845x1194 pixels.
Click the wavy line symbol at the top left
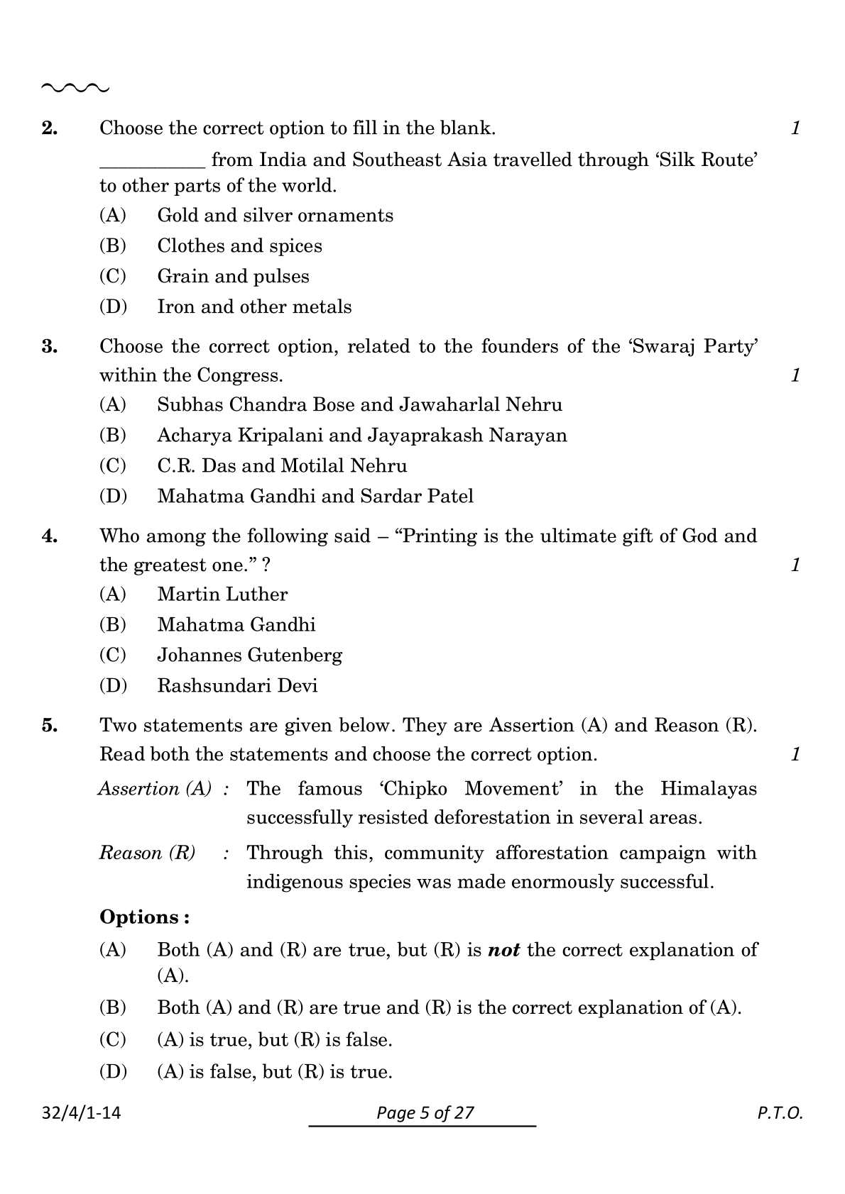tap(75, 89)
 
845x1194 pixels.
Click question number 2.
tap(50, 128)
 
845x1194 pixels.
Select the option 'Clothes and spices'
tap(239, 246)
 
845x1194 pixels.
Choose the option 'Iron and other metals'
tap(254, 307)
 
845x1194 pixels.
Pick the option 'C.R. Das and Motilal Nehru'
tap(282, 466)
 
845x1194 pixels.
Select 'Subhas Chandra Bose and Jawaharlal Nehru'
tap(359, 405)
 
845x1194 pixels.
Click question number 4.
tap(50, 536)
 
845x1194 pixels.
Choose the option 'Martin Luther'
tap(222, 595)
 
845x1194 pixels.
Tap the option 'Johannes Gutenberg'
tap(249, 656)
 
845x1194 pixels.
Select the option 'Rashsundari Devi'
tap(237, 686)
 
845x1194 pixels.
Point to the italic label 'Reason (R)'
tap(147, 853)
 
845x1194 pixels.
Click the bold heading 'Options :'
tap(144, 917)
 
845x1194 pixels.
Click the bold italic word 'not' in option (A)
tap(503, 950)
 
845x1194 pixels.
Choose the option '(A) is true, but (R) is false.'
tap(274, 1041)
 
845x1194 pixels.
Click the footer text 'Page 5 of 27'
tap(425, 1112)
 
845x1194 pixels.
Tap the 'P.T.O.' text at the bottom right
tap(779, 1113)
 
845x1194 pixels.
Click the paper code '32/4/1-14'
tap(81, 1112)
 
